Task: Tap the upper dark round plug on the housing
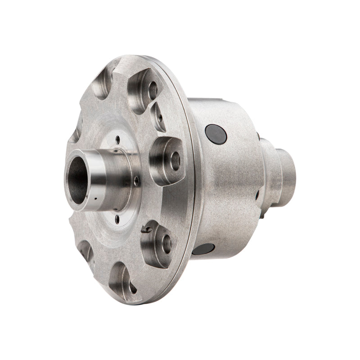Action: [x=216, y=134]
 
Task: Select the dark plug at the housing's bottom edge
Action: [x=205, y=249]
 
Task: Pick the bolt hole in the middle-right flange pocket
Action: [x=175, y=161]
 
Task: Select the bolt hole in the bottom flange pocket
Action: [x=131, y=284]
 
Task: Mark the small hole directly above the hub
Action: [x=118, y=140]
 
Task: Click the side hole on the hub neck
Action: [x=135, y=181]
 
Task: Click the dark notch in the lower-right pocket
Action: [x=146, y=229]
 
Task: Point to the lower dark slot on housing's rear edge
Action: [x=257, y=195]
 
